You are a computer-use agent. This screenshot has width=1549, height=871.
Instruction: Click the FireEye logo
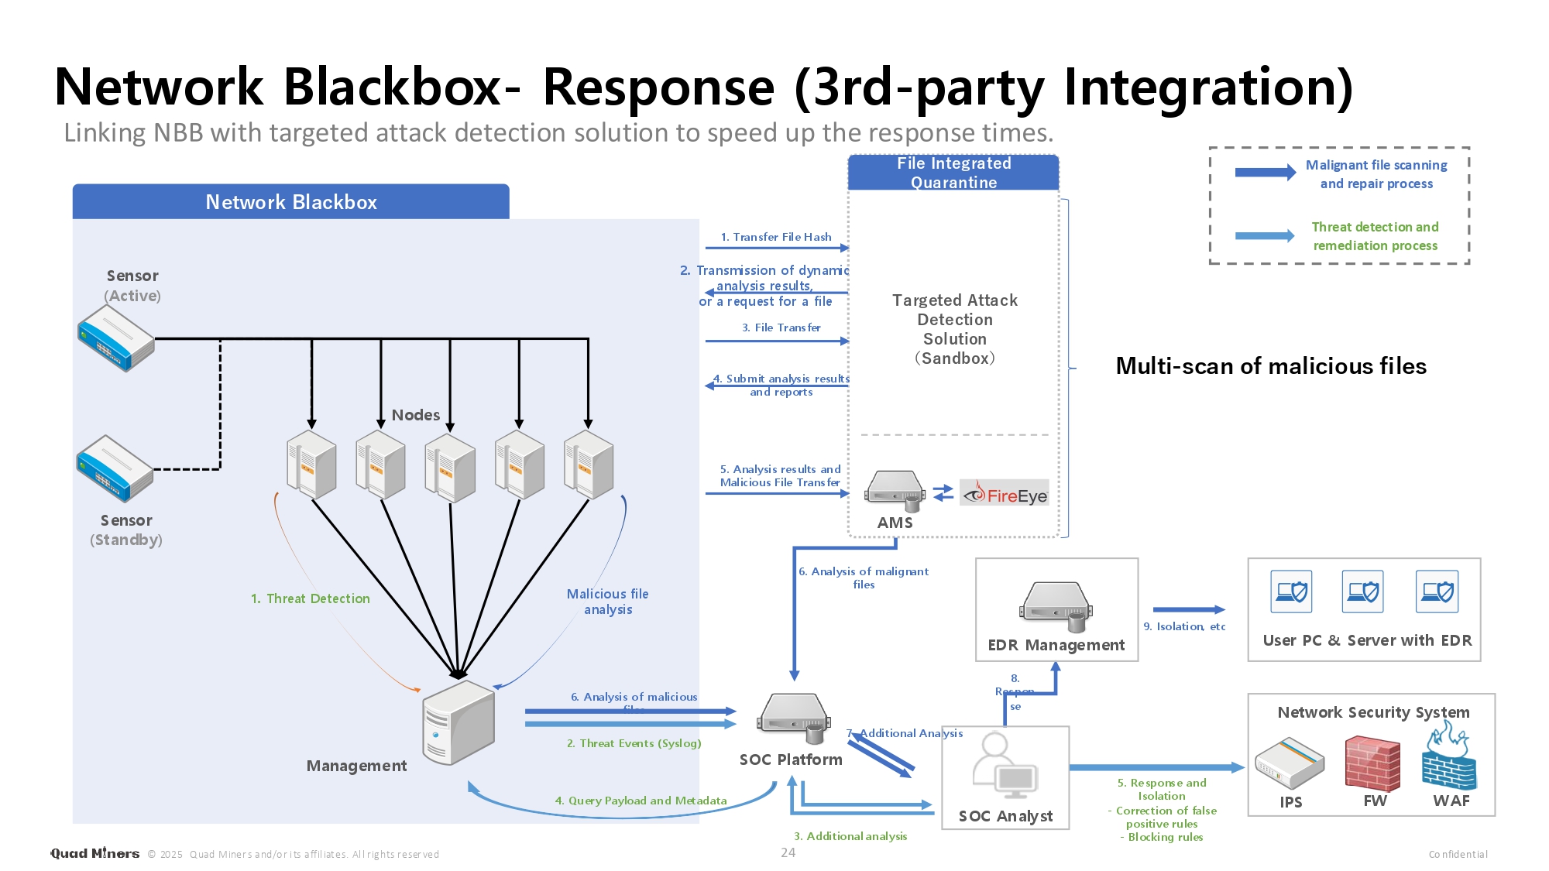click(x=1005, y=494)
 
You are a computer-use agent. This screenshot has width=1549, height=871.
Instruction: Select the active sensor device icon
click(x=116, y=338)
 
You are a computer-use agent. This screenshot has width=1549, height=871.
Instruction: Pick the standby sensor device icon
click(x=115, y=468)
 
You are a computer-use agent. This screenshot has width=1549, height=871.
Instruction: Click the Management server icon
click(x=459, y=722)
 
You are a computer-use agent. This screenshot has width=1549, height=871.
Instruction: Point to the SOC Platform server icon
click(x=792, y=715)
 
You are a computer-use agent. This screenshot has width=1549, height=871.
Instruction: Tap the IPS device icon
click(x=1290, y=763)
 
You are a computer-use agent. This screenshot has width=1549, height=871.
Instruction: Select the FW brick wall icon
click(x=1372, y=763)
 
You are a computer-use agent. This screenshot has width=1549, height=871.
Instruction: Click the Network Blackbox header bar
click(x=291, y=202)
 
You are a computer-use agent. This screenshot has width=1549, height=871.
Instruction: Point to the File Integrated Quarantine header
click(x=953, y=173)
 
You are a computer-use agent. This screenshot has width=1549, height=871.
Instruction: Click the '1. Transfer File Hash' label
click(x=776, y=237)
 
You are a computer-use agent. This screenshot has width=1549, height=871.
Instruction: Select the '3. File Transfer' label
click(x=781, y=327)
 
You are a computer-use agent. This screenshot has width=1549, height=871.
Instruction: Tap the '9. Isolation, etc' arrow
click(x=1189, y=610)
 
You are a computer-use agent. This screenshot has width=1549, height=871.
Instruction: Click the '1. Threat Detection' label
click(x=311, y=598)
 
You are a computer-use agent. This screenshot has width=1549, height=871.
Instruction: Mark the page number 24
click(x=788, y=852)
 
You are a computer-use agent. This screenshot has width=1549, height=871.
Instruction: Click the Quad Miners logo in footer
click(x=94, y=853)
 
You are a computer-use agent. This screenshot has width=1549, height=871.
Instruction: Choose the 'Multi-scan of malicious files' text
click(x=1271, y=366)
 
